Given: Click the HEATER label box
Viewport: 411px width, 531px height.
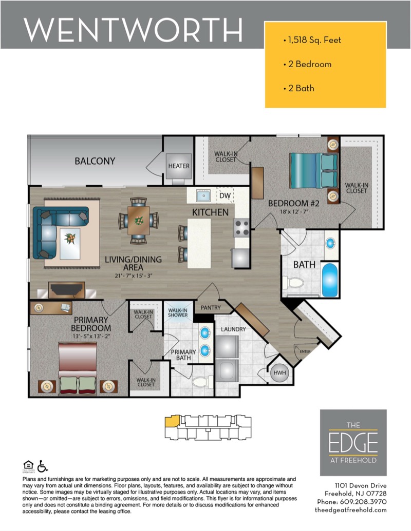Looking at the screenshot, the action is tap(179, 166).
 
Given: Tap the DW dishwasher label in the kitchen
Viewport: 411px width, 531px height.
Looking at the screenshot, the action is tap(225, 195).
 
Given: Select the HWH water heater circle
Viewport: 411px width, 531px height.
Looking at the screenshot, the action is tap(279, 373).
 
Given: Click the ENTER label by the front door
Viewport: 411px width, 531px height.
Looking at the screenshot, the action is tap(305, 351).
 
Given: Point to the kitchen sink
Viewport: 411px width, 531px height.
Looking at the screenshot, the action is tap(203, 195).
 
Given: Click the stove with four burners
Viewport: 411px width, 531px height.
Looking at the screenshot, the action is tap(242, 228).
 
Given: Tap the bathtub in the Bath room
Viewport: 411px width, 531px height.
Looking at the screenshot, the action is tap(330, 280).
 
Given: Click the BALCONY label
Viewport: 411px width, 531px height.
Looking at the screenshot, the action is tap(95, 161).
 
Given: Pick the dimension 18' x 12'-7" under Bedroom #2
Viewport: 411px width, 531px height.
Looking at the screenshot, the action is tap(294, 212).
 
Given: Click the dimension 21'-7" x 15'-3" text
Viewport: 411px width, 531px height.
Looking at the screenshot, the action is tap(133, 276).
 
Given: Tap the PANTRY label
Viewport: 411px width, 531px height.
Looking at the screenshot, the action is tap(211, 307).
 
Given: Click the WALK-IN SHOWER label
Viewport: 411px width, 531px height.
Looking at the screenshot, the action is tap(178, 312).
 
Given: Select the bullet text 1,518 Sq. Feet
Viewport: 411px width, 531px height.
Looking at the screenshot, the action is tap(315, 40).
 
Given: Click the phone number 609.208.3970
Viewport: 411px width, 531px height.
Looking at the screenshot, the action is tap(363, 502).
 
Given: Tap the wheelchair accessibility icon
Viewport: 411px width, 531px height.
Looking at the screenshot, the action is tap(43, 466).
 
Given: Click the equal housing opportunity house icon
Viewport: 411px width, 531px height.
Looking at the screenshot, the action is tap(28, 465).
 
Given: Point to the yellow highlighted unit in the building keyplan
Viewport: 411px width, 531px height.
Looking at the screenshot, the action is tap(172, 421).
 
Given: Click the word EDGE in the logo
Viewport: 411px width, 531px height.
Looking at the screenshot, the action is tap(353, 443).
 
